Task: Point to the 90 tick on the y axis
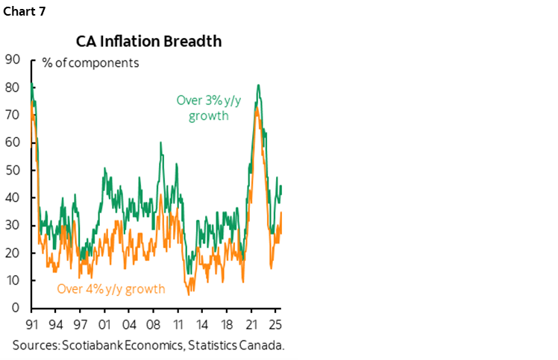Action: coord(12,60)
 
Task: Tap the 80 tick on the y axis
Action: coord(12,88)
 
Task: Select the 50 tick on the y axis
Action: coord(12,171)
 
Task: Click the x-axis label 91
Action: coord(31,326)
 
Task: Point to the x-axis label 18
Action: coord(227,326)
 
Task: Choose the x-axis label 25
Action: coord(275,326)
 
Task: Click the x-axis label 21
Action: coord(251,326)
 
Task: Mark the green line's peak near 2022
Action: coord(257,85)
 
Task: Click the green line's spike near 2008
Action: coord(160,142)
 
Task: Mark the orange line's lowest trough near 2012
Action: coord(189,294)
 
